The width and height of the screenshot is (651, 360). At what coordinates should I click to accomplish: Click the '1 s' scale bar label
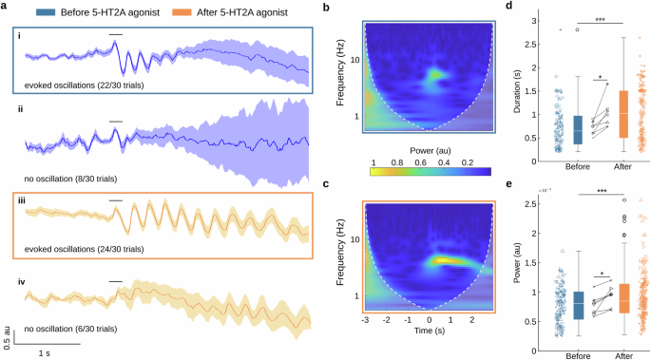[45, 352]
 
